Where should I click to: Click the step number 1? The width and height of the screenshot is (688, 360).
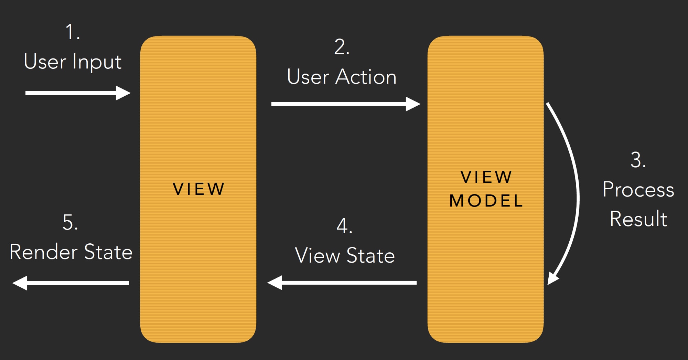pyautogui.click(x=72, y=32)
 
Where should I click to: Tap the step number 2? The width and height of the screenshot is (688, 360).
pyautogui.click(x=341, y=47)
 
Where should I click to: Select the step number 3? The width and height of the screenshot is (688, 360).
pyautogui.click(x=638, y=160)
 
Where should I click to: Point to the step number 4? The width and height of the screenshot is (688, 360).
pyautogui.click(x=344, y=226)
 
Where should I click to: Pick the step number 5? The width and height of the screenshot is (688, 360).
pyautogui.click(x=70, y=222)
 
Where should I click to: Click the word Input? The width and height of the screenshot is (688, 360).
pyautogui.click(x=97, y=62)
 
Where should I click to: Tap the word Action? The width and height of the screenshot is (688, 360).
pyautogui.click(x=366, y=77)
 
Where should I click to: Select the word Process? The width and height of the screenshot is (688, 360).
pyautogui.click(x=638, y=190)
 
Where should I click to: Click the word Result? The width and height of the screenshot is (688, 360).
pyautogui.click(x=638, y=219)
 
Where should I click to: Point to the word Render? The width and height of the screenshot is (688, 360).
pyautogui.click(x=43, y=252)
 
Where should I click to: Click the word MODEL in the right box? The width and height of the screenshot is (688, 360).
pyautogui.click(x=486, y=201)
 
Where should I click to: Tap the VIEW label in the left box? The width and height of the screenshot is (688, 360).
pyautogui.click(x=198, y=189)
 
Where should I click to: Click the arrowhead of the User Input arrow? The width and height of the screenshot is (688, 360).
pyautogui.click(x=123, y=93)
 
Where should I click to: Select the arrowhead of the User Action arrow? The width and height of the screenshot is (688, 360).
pyautogui.click(x=413, y=104)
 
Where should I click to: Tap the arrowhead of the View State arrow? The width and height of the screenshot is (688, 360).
pyautogui.click(x=275, y=283)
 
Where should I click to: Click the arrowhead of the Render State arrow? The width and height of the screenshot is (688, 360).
pyautogui.click(x=20, y=283)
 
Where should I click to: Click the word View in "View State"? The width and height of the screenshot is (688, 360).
pyautogui.click(x=317, y=256)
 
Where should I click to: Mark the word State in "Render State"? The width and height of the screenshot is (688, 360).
pyautogui.click(x=108, y=252)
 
